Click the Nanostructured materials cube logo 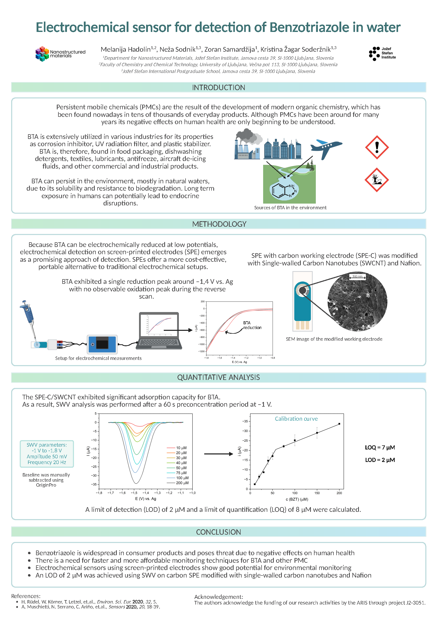(x=42, y=53)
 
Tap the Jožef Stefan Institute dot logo (x=374, y=53)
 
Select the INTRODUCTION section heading (x=218, y=88)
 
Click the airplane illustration (x=326, y=148)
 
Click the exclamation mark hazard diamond (x=377, y=147)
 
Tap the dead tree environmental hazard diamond (x=377, y=180)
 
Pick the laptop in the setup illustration (x=159, y=331)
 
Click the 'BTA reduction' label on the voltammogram (x=252, y=325)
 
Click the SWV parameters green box (x=46, y=454)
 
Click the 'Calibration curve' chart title (x=296, y=419)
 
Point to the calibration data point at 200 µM (x=339, y=424)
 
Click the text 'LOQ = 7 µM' (x=380, y=447)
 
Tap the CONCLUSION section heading (x=218, y=532)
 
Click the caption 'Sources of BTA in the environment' (x=290, y=207)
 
